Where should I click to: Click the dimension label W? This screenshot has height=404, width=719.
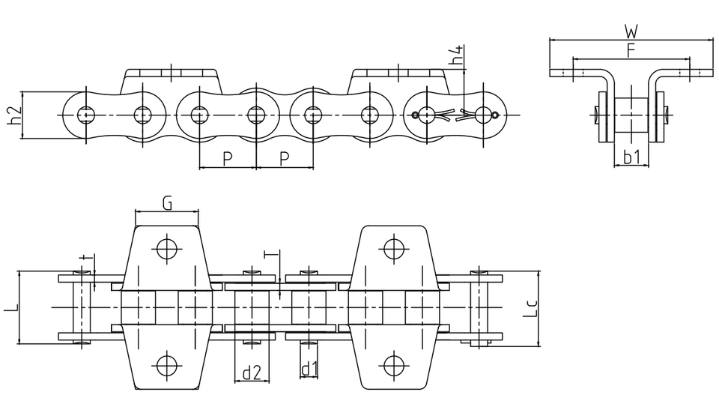pos(631,31)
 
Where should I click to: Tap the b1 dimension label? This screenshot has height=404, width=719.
pos(631,157)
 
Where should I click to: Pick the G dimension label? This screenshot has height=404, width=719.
pos(167,203)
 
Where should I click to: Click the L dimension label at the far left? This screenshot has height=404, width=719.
pos(9,307)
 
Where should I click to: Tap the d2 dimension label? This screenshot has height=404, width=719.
pos(252,370)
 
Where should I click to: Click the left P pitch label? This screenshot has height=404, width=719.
pos(228,157)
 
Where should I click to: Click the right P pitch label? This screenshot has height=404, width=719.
pos(284,157)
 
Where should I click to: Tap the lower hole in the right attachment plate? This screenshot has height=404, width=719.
pos(389,365)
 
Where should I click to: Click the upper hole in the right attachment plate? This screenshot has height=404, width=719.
pos(389,247)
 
